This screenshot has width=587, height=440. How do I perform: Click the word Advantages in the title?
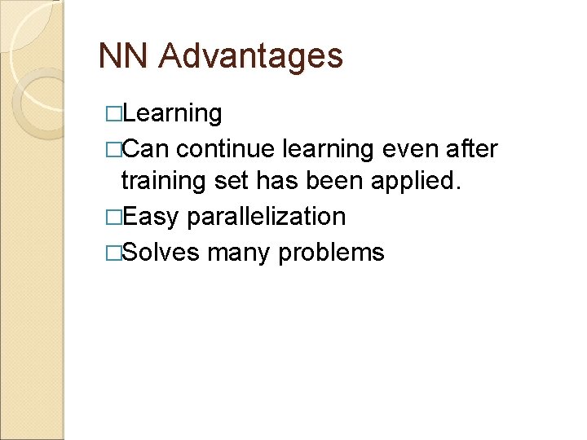coord(251,57)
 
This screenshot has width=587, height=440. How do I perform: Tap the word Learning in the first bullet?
coord(174,113)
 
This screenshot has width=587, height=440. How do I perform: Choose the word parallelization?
coord(267,218)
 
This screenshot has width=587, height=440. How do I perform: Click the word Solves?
coord(162,252)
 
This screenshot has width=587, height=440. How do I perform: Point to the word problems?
coord(331,253)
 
